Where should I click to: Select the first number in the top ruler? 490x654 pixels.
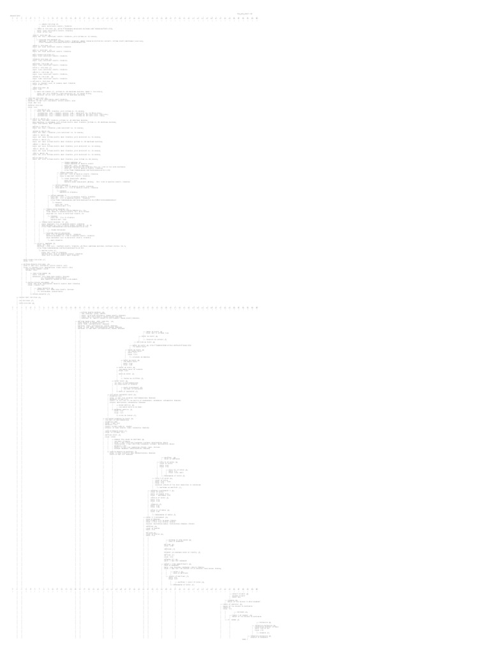pos(13,19)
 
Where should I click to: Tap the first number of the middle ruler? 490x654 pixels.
pos(13,307)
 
